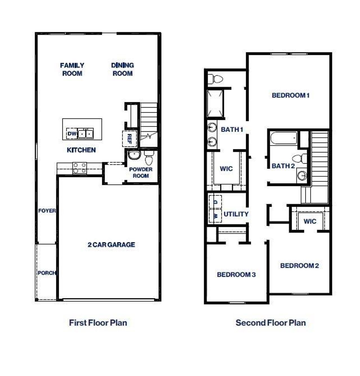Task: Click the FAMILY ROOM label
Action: tap(72, 69)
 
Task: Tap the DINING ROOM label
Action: tap(122, 69)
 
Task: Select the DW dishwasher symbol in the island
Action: tap(71, 133)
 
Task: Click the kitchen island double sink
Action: tap(85, 133)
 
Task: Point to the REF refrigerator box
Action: tap(129, 138)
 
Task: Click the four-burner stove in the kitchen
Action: tap(80, 168)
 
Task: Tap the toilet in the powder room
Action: tap(149, 158)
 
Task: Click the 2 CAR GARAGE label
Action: tap(111, 245)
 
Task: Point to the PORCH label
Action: tap(46, 273)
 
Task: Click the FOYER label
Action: tap(47, 211)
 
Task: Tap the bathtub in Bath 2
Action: tap(284, 138)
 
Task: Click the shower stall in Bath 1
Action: tap(215, 103)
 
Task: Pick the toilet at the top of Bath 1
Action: tap(216, 79)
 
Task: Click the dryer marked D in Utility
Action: tap(215, 202)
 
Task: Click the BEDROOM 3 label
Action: tap(236, 274)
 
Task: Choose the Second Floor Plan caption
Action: tap(271, 323)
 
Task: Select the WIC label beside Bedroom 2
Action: tap(310, 221)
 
